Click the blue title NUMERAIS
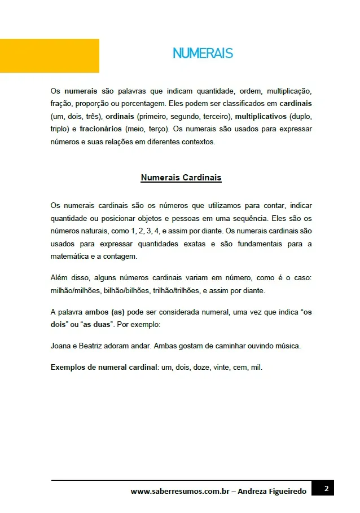coord(203,54)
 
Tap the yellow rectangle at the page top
coord(50,56)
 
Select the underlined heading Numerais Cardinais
coord(181,178)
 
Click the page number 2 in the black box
coord(326,488)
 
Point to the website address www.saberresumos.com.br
coord(179,492)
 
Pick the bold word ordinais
coord(118,116)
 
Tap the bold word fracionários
coord(100,129)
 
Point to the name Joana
coord(60,346)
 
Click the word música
coord(288,346)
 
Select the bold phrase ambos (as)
coord(104,312)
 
